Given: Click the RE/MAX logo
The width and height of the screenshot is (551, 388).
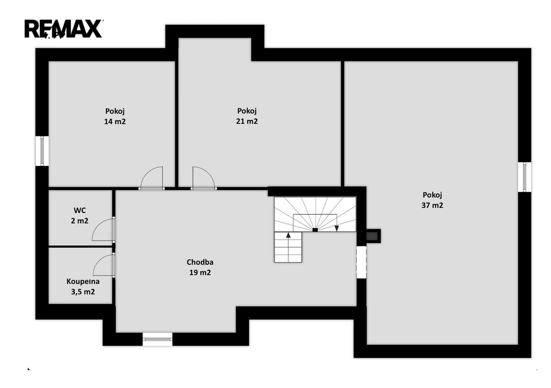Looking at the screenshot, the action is click(63, 29).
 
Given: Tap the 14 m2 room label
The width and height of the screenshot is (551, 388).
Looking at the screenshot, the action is click(115, 116).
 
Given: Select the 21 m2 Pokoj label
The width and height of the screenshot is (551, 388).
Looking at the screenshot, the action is click(246, 116).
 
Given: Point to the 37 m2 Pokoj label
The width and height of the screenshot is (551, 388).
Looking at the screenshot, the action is click(432, 200).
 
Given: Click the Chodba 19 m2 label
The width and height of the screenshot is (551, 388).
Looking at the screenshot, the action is click(200, 267).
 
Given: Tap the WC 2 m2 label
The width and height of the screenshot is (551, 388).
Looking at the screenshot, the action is click(80, 215).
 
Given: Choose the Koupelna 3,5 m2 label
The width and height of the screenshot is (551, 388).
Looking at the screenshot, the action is click(83, 286).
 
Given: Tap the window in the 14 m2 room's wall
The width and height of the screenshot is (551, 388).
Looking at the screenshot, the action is click(42, 151).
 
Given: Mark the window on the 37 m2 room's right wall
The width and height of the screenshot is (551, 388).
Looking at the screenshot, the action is click(524, 177).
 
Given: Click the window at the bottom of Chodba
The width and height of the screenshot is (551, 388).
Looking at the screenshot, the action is click(158, 339).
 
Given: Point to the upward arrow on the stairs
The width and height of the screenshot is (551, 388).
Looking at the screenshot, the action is click(288, 235).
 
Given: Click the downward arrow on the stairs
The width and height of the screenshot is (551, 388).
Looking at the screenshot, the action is click(337, 228).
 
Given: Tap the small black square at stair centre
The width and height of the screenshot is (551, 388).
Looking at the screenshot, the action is click(315, 230).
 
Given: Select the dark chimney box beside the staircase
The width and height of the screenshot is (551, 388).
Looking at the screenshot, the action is click(373, 236).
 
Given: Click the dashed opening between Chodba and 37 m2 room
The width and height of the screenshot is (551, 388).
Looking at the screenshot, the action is click(362, 262).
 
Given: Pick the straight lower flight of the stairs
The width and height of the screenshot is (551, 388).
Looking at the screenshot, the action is click(288, 247).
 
